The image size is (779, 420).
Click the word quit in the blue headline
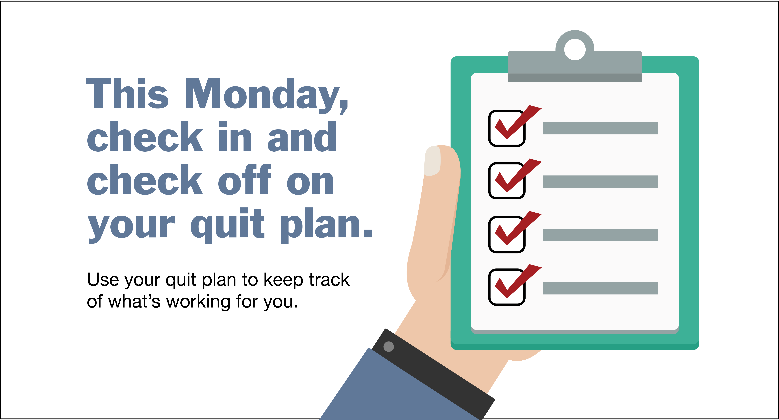point(227,225)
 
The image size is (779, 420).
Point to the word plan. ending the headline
point(327,225)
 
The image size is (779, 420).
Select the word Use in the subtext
point(103,279)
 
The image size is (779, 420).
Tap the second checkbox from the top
point(507,181)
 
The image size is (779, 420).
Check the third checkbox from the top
point(507,234)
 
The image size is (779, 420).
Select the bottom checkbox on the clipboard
point(507,287)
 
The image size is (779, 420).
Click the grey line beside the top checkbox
point(600,128)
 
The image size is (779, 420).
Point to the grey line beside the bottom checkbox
point(600,288)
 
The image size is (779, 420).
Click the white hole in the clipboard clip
point(575,49)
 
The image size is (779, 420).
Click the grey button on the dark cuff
point(389,346)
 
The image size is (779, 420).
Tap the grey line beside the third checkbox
point(600,235)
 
